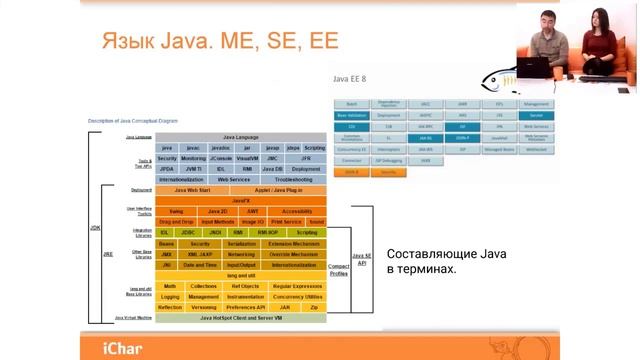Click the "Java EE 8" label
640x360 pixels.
(348, 76)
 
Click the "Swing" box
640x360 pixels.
(175, 211)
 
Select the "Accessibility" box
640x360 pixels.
(297, 211)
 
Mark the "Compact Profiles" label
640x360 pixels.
(339, 268)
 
